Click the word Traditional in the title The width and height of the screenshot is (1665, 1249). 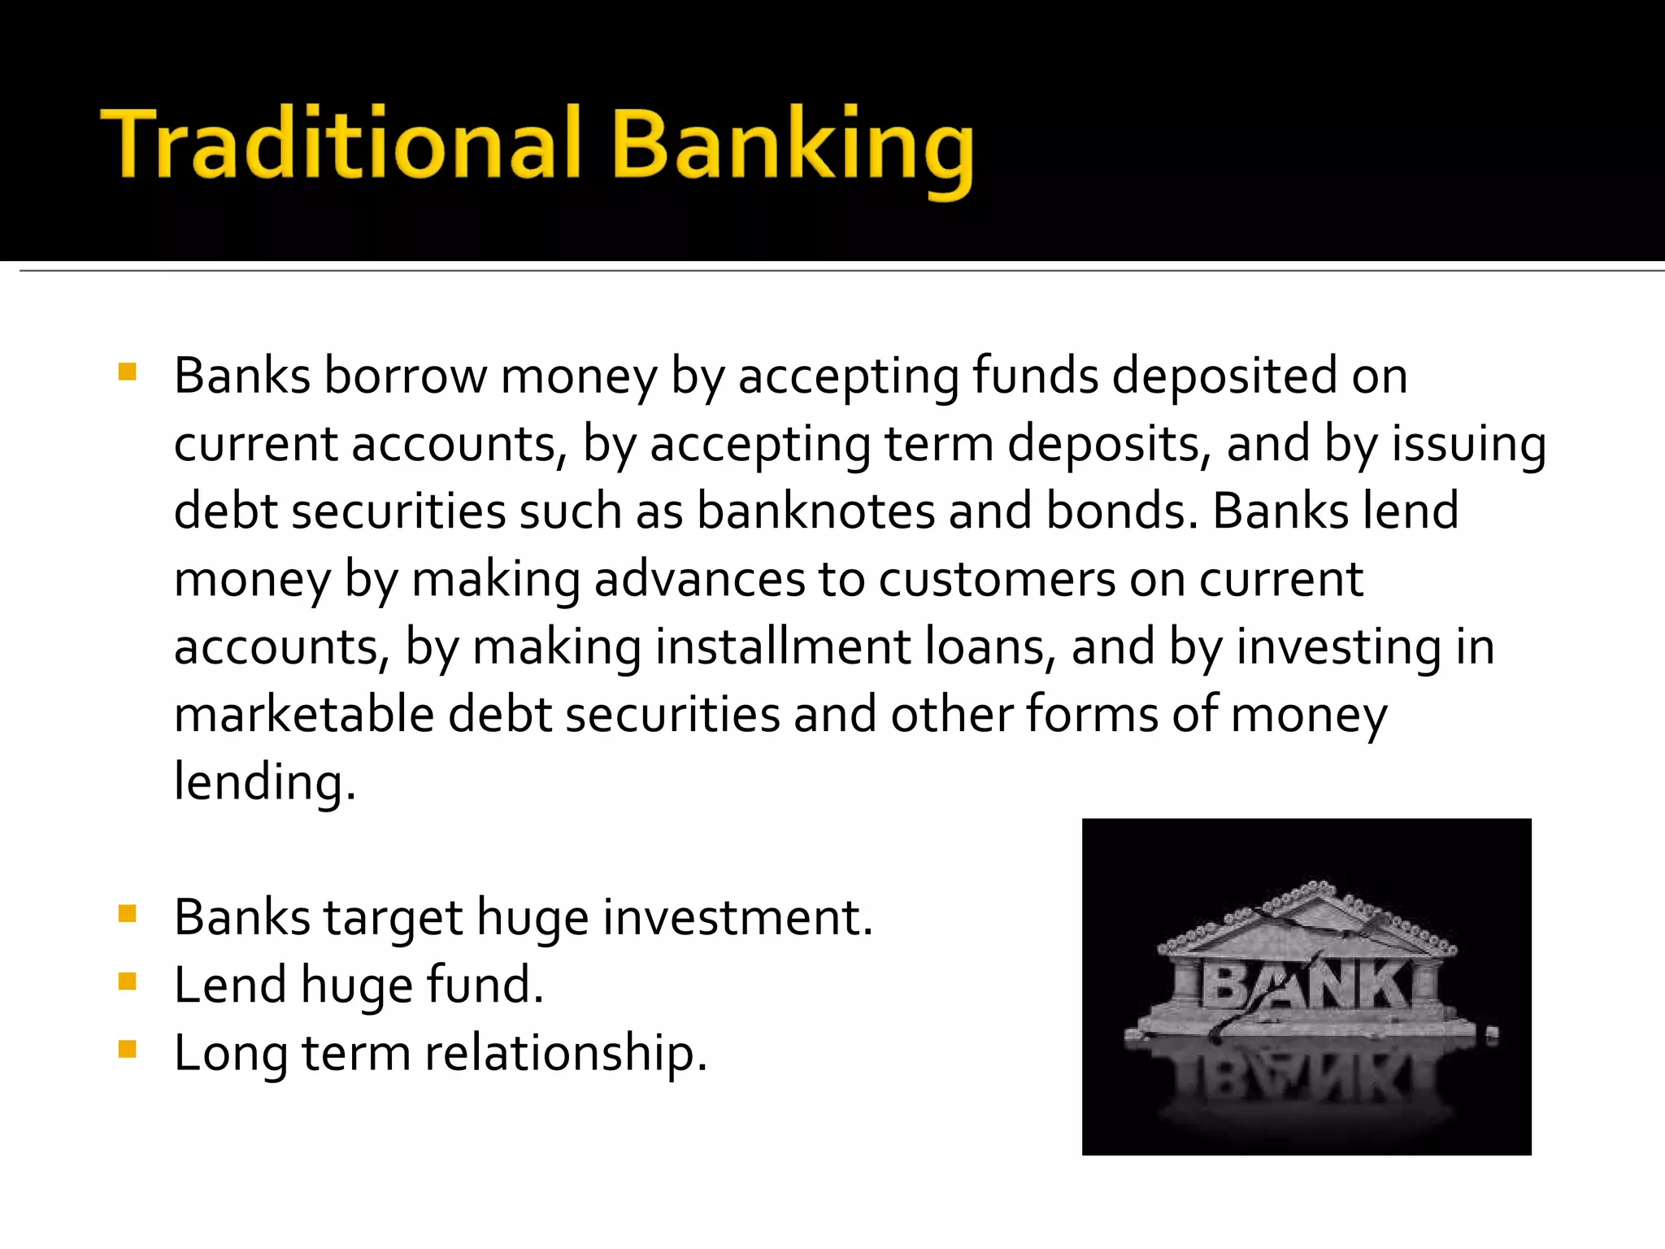point(341,145)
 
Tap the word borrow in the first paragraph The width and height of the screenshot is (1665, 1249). point(404,376)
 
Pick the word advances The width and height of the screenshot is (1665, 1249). point(699,580)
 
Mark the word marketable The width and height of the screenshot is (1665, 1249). point(304,715)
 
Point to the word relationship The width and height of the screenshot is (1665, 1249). point(566,1053)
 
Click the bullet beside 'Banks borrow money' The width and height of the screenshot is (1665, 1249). point(128,372)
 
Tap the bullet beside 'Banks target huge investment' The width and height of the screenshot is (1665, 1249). point(128,914)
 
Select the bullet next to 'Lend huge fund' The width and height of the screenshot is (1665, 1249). point(128,981)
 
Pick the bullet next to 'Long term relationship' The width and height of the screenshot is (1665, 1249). point(128,1049)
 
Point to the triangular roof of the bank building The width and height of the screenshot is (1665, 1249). point(1307,919)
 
